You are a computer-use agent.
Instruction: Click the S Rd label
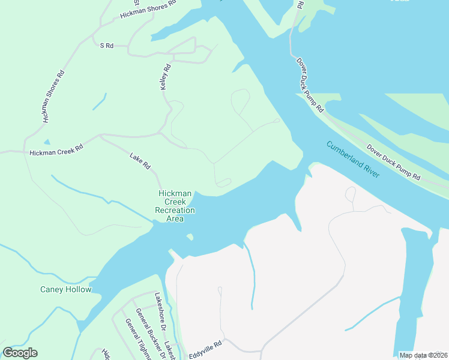pyautogui.click(x=107, y=46)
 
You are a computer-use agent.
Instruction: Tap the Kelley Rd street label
pyautogui.click(x=166, y=78)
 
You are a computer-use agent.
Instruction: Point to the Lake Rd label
pyautogui.click(x=140, y=161)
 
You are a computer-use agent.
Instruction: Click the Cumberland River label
pyautogui.click(x=353, y=158)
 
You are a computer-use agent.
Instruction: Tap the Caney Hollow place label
pyautogui.click(x=66, y=290)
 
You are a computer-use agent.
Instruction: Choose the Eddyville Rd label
pyautogui.click(x=205, y=349)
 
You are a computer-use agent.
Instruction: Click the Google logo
pyautogui.click(x=20, y=353)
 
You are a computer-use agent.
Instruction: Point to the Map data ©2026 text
pyautogui.click(x=423, y=355)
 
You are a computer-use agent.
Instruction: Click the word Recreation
pyautogui.click(x=175, y=211)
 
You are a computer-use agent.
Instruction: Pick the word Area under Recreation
pyautogui.click(x=175, y=219)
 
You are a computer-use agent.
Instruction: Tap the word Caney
pyautogui.click(x=51, y=290)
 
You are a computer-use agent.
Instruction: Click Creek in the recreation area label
pyautogui.click(x=175, y=202)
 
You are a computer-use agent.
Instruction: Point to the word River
pyautogui.click(x=370, y=169)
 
